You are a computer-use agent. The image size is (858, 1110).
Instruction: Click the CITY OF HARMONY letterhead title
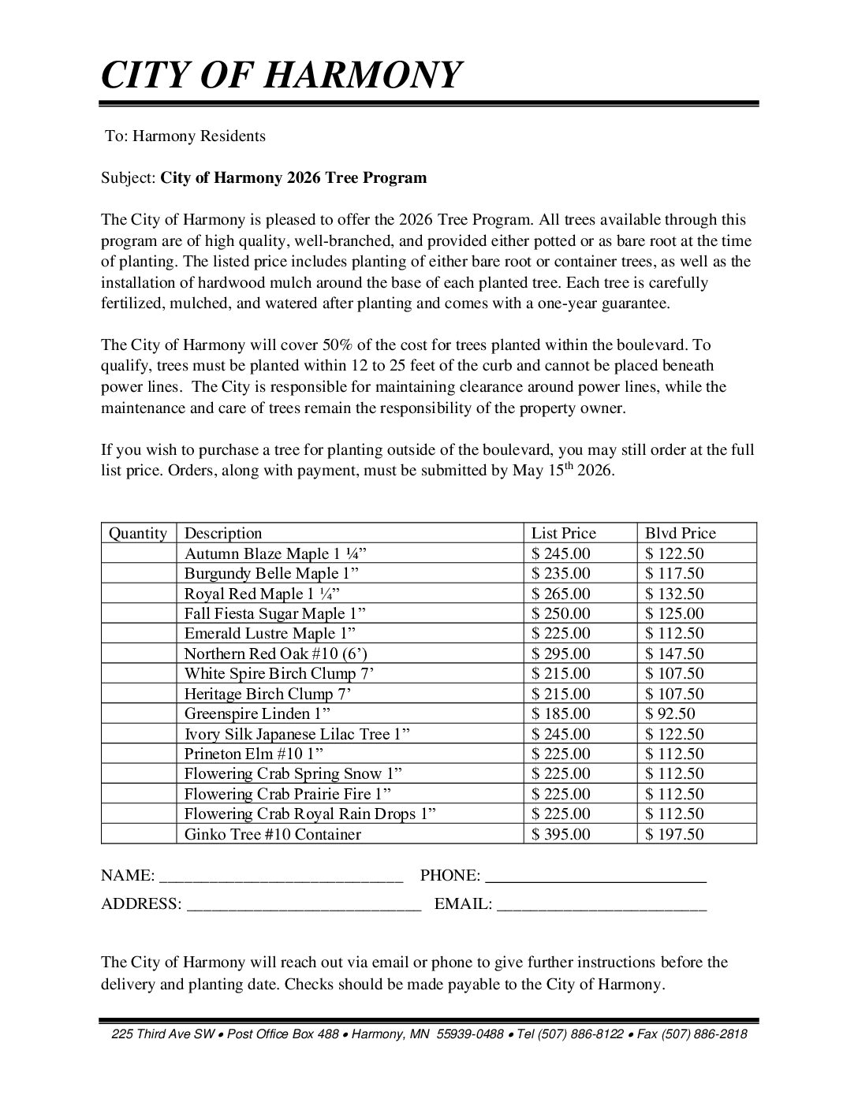[280, 76]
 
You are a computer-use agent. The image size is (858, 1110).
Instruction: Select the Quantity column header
[138, 534]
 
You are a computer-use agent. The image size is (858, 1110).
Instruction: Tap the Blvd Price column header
[680, 534]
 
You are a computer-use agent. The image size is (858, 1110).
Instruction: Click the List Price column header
[564, 534]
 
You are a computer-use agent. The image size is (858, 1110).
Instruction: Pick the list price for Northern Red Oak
[561, 654]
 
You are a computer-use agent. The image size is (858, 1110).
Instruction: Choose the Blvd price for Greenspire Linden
[670, 714]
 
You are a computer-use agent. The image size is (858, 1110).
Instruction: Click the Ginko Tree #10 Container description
[272, 834]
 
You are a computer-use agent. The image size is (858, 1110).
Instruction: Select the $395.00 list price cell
[561, 834]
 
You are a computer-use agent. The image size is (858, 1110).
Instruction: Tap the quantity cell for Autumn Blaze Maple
[138, 554]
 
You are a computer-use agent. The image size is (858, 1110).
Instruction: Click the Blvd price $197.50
[674, 834]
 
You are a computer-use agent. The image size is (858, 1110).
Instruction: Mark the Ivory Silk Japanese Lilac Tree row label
[297, 734]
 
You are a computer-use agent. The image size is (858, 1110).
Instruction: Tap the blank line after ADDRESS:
[304, 905]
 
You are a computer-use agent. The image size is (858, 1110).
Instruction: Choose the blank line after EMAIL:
[602, 905]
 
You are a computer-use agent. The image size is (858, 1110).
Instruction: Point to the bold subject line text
[293, 177]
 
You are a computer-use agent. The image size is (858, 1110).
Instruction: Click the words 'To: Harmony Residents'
[185, 136]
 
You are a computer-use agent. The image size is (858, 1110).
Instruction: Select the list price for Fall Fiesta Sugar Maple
[561, 614]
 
